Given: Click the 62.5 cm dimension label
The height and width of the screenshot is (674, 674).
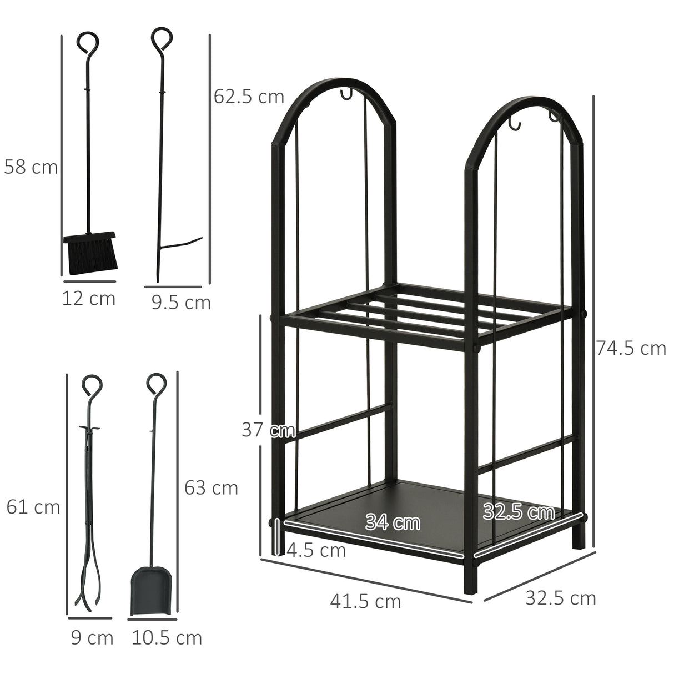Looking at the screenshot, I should tap(249, 97).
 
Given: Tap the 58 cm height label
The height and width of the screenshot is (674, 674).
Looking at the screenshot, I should tap(31, 166).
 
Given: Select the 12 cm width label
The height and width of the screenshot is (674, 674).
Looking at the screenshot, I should tap(88, 299).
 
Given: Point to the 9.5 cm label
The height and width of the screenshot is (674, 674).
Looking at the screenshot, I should tap(181, 303).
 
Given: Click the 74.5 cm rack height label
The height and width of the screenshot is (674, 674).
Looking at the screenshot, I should tap(631, 348).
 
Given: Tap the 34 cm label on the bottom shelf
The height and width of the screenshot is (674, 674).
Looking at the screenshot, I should tap(393, 522).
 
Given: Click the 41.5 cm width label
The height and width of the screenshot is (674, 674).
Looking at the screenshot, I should tap(365, 601).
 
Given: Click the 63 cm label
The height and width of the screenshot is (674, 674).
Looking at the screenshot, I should tap(211, 487).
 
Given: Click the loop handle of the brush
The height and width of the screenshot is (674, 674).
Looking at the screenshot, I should tap(88, 42).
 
